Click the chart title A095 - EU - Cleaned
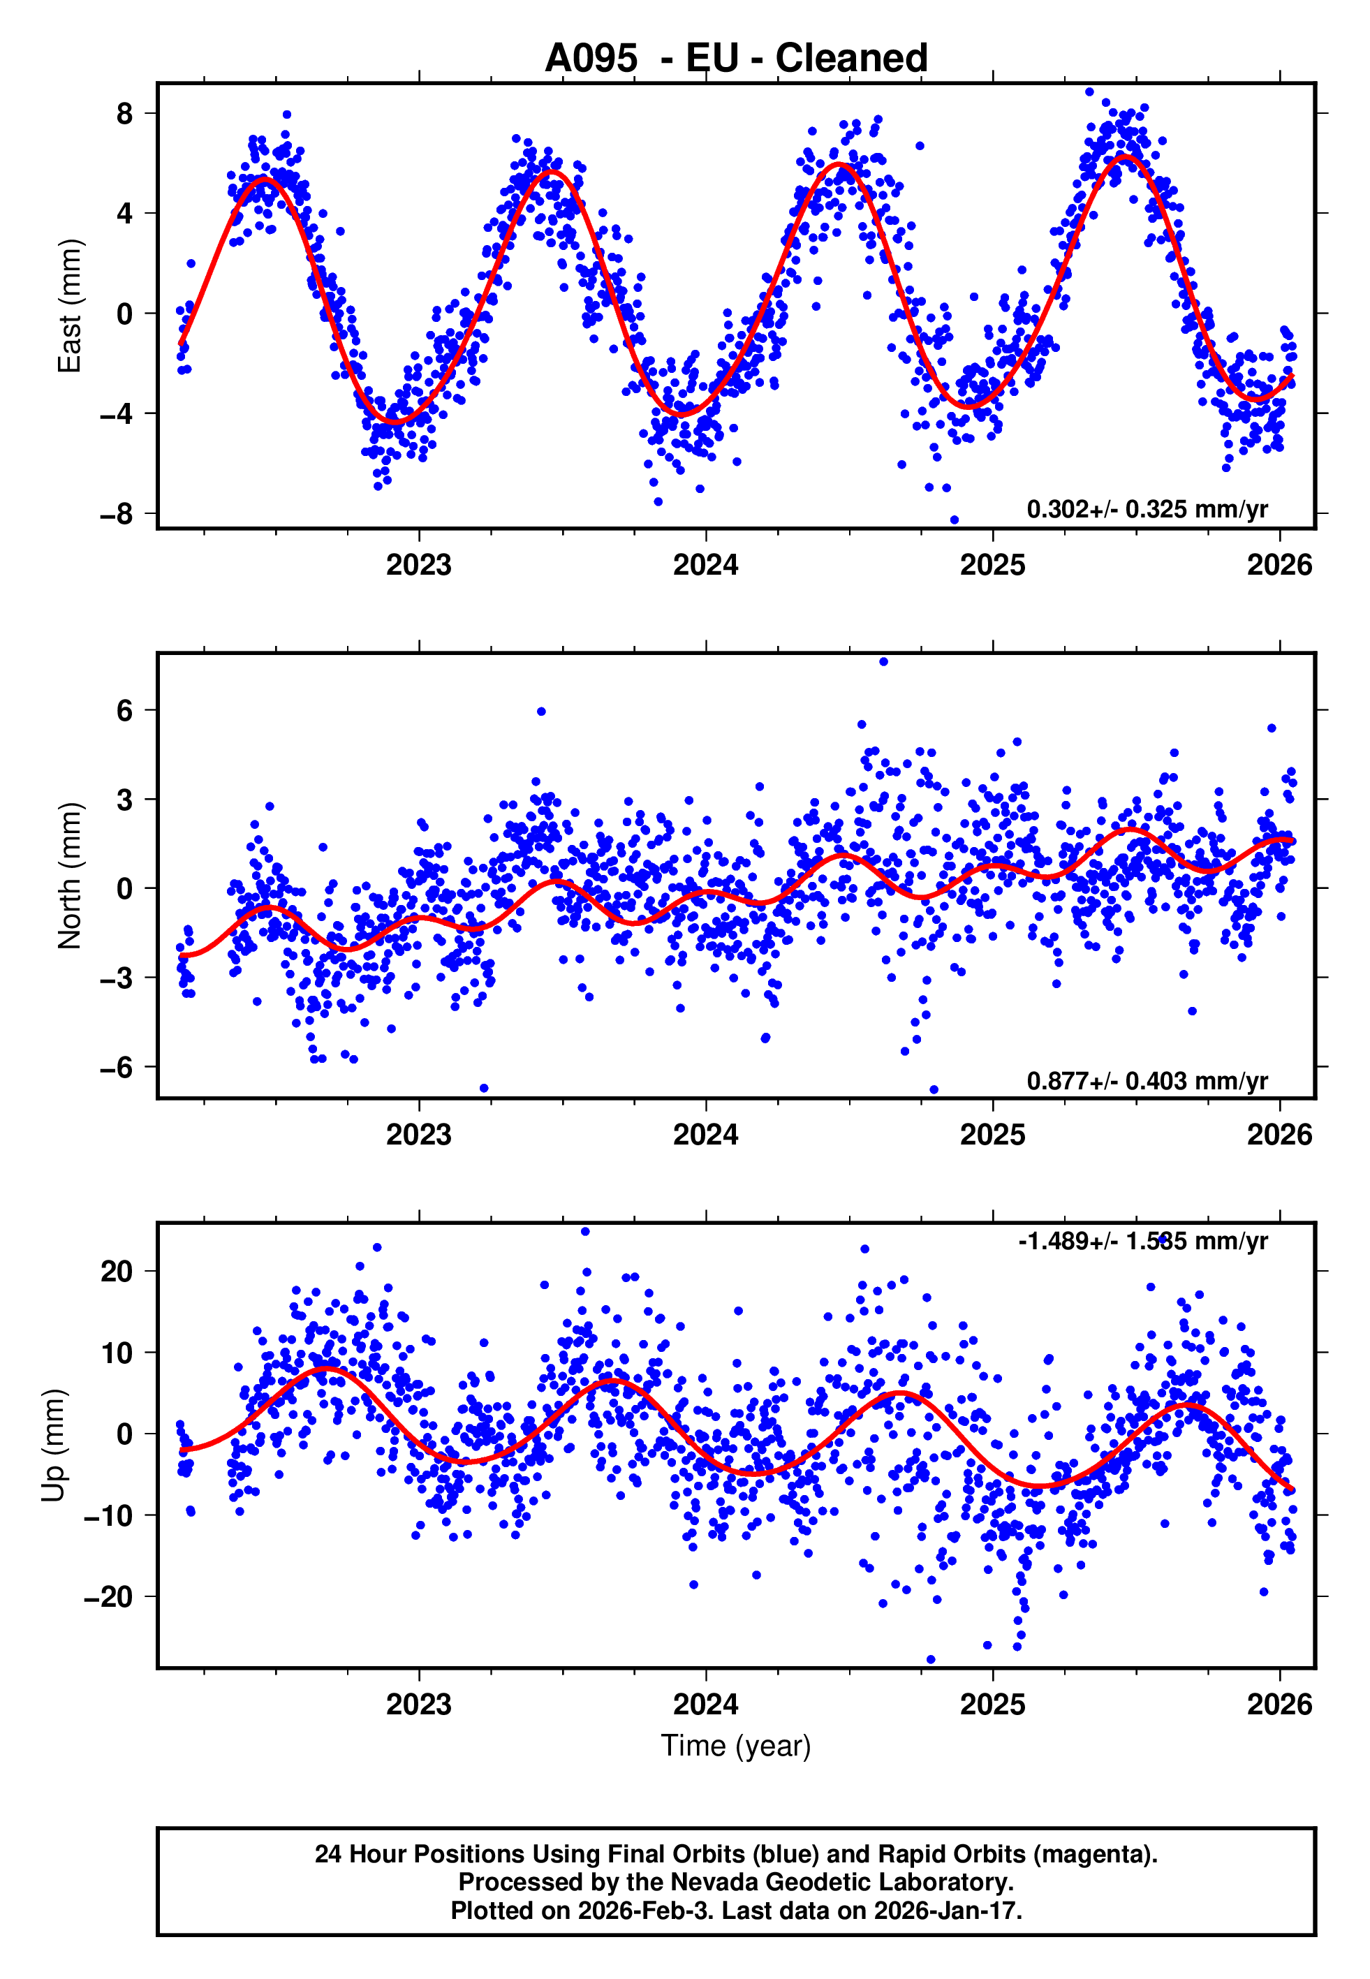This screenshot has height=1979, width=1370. tap(736, 59)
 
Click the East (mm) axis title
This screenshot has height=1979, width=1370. tap(70, 306)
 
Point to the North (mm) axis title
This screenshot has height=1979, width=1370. tap(70, 876)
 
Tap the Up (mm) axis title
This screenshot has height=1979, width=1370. tap(53, 1445)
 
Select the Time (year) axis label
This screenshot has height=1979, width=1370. tap(736, 1746)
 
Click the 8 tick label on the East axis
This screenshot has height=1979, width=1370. tap(124, 113)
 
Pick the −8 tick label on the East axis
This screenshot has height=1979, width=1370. tap(116, 514)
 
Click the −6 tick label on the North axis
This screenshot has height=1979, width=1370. tap(116, 1067)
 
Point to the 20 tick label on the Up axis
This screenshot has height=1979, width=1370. tap(116, 1271)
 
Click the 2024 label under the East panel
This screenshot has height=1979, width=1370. tap(706, 565)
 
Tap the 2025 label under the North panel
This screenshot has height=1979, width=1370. tap(992, 1135)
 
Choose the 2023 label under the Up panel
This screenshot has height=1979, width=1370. tap(419, 1705)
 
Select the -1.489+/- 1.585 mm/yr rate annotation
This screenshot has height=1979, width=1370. tap(1142, 1241)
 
